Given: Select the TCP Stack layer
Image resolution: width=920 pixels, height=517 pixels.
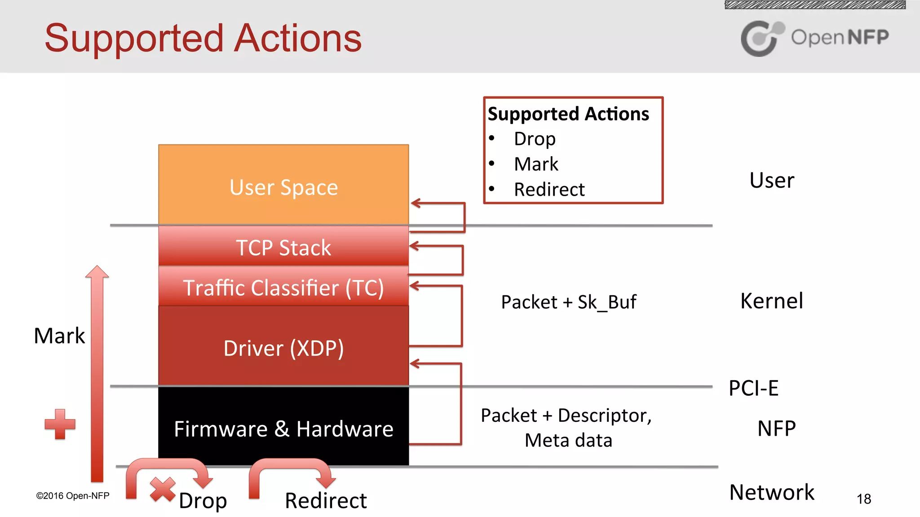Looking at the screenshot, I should pyautogui.click(x=283, y=247).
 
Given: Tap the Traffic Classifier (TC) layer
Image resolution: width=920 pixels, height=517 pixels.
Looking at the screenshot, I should pyautogui.click(x=283, y=287).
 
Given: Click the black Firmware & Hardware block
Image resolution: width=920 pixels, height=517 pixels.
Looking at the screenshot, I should pyautogui.click(x=283, y=428).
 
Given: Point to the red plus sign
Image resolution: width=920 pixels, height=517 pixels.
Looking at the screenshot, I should pyautogui.click(x=60, y=424).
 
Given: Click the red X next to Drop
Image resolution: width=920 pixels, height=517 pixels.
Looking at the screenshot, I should pyautogui.click(x=163, y=489).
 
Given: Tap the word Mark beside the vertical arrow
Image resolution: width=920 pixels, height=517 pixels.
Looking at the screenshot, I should pyautogui.click(x=59, y=336).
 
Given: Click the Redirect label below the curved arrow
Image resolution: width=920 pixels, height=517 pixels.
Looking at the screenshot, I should pyautogui.click(x=326, y=500).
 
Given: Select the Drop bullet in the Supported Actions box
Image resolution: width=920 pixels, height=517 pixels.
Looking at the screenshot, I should pyautogui.click(x=535, y=139).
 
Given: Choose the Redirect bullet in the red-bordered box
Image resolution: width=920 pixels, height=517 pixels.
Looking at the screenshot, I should pyautogui.click(x=549, y=189).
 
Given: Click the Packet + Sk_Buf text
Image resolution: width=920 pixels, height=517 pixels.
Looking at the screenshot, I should pyautogui.click(x=568, y=302).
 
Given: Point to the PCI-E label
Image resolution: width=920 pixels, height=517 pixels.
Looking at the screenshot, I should pyautogui.click(x=753, y=388).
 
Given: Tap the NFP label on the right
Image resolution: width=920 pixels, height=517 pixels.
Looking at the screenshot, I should pyautogui.click(x=776, y=428).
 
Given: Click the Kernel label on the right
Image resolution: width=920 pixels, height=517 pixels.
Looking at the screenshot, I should pyautogui.click(x=771, y=301).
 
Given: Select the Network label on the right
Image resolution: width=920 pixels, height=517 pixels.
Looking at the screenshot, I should pyautogui.click(x=771, y=492).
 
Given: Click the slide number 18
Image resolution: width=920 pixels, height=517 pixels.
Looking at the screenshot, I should pyautogui.click(x=863, y=499).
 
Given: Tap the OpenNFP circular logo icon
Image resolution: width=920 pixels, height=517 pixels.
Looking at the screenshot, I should pyautogui.click(x=761, y=38).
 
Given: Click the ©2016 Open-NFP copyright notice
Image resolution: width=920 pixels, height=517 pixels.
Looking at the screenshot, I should pyautogui.click(x=72, y=496).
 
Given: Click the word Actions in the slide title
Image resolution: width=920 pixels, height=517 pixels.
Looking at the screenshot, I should pyautogui.click(x=298, y=39).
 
